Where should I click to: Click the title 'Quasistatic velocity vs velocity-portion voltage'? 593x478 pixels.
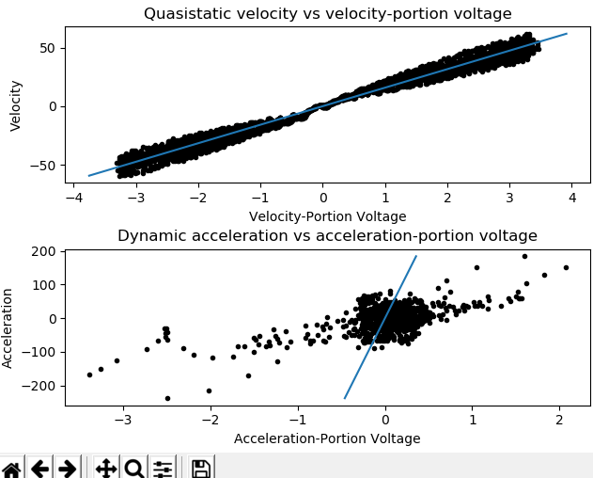pos(327,14)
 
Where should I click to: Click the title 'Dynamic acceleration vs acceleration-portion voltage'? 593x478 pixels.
pos(327,236)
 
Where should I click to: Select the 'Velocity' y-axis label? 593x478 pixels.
pos(16,105)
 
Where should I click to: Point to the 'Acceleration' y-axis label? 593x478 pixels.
pos(8,327)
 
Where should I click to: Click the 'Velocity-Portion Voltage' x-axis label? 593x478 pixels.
pos(327,216)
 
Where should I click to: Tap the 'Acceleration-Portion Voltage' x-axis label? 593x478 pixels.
pos(327,438)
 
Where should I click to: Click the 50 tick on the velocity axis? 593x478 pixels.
pos(48,48)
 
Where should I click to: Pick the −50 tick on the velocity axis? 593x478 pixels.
pos(44,165)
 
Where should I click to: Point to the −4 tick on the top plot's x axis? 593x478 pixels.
pos(73,199)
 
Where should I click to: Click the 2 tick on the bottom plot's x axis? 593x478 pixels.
pos(560,421)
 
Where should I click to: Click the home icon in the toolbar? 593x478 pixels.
pos(11,469)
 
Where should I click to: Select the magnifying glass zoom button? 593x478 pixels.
pos(133,469)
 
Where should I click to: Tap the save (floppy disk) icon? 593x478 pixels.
pos(200,469)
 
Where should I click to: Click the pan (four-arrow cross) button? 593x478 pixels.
pos(105,469)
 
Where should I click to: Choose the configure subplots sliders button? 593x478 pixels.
pos(163,469)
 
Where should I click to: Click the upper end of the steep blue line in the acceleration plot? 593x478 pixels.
pos(416,256)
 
